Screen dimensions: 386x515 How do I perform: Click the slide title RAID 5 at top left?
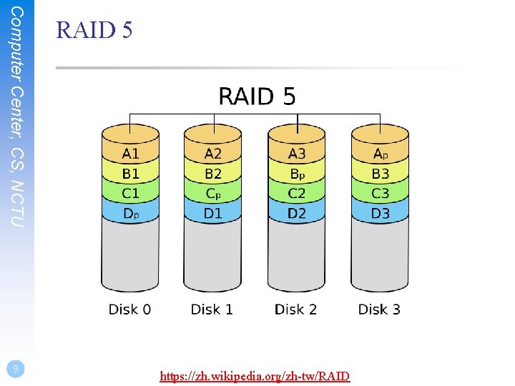94,31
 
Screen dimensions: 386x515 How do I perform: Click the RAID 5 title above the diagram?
257,96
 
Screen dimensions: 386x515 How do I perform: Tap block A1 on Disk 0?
130,154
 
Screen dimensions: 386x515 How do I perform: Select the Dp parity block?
130,213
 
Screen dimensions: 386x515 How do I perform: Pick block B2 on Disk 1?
212,174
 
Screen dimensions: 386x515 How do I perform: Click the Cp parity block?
212,193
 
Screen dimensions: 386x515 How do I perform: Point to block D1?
212,213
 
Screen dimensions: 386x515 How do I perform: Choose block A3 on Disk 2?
296,154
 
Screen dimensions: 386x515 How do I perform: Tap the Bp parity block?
296,174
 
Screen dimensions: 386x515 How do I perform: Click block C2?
296,193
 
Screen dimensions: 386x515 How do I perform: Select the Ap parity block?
380,154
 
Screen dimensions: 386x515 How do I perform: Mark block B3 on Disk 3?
380,174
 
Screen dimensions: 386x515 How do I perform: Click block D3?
380,213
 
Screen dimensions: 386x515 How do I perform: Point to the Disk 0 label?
129,310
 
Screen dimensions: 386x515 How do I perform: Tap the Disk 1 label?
212,310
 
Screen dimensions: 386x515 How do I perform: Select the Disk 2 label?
295,310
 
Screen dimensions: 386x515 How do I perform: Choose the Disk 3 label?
379,310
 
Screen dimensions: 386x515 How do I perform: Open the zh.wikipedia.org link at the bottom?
255,375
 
